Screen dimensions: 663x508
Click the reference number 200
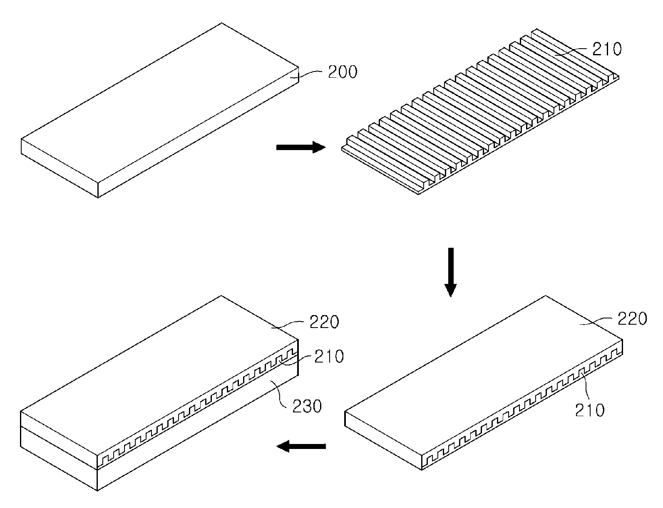coord(343,72)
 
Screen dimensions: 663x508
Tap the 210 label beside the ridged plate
coord(607,49)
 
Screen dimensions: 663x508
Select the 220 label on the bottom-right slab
coord(632,319)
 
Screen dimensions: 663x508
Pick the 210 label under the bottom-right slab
coord(590,410)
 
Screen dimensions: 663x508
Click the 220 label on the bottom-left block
coord(324,322)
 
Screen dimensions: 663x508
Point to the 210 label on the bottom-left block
coord(329,356)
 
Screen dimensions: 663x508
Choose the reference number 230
coord(307,406)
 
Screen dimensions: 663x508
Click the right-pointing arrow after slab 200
coord(301,148)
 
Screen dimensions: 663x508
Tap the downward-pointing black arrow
coord(451,272)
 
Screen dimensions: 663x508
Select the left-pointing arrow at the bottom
coord(301,446)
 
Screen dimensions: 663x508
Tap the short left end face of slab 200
coord(60,168)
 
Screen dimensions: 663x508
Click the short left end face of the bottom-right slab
coord(383,441)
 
